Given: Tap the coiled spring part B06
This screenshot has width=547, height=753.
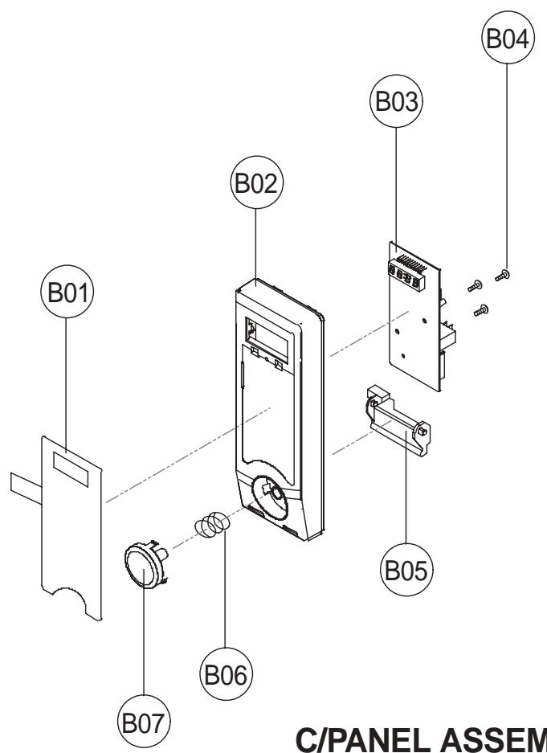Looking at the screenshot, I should [x=210, y=526].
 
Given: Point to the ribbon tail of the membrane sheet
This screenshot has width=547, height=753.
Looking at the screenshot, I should [x=26, y=483].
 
